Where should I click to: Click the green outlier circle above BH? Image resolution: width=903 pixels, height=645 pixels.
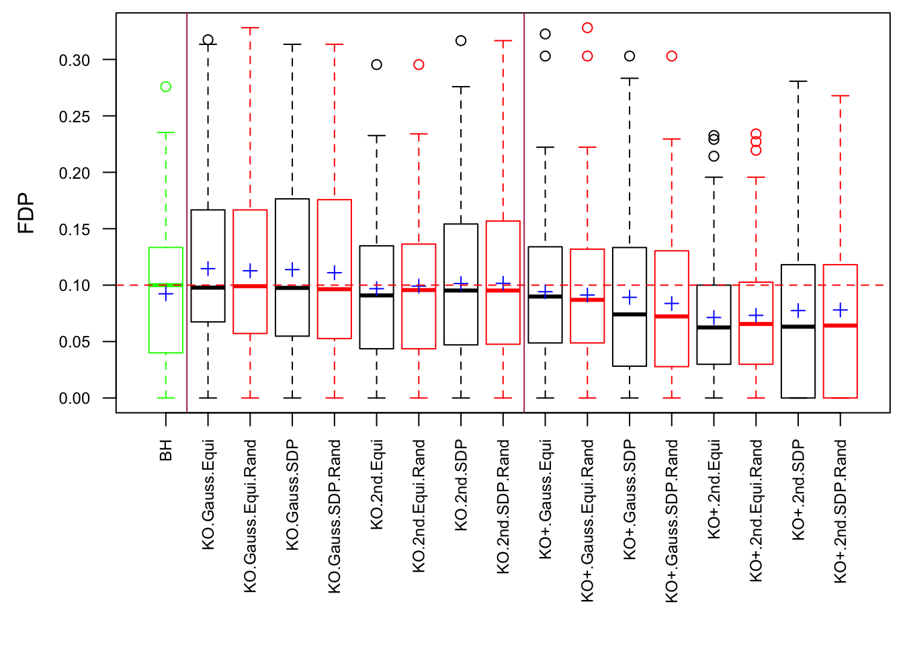(x=166, y=87)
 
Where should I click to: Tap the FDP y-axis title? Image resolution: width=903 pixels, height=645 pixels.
(x=26, y=213)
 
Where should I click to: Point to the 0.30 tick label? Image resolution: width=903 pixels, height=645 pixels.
(x=75, y=60)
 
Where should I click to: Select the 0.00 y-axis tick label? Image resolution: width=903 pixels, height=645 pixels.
(x=75, y=398)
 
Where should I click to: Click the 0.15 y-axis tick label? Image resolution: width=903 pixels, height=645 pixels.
(x=75, y=229)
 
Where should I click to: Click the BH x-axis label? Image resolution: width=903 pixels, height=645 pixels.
(x=166, y=450)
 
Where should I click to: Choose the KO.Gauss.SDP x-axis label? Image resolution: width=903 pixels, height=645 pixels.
(x=292, y=494)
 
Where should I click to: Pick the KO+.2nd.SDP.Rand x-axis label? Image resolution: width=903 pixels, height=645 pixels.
(x=841, y=511)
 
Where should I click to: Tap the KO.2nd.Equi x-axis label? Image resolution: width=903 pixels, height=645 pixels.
(x=377, y=484)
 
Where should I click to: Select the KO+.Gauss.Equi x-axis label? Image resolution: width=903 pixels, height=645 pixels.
(x=546, y=499)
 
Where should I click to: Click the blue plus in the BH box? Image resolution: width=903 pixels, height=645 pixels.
(x=166, y=294)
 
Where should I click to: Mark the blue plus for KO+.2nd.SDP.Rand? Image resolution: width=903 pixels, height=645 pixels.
(x=841, y=310)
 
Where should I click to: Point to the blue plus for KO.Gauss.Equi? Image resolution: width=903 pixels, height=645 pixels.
(x=208, y=269)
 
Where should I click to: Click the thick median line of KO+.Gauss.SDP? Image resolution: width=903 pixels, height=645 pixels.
(x=630, y=314)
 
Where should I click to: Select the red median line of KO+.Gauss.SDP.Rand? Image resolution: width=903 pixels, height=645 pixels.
(x=672, y=316)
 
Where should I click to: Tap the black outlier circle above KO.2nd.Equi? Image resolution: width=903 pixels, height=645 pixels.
(x=377, y=64)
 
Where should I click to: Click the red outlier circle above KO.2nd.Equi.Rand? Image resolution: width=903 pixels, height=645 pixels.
(x=419, y=64)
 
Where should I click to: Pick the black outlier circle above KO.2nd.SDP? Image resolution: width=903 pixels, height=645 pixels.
(x=461, y=41)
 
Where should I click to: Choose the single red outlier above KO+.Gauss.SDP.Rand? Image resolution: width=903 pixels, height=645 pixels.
(x=672, y=56)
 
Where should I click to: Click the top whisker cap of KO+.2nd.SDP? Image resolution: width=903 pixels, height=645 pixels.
(x=798, y=81)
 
